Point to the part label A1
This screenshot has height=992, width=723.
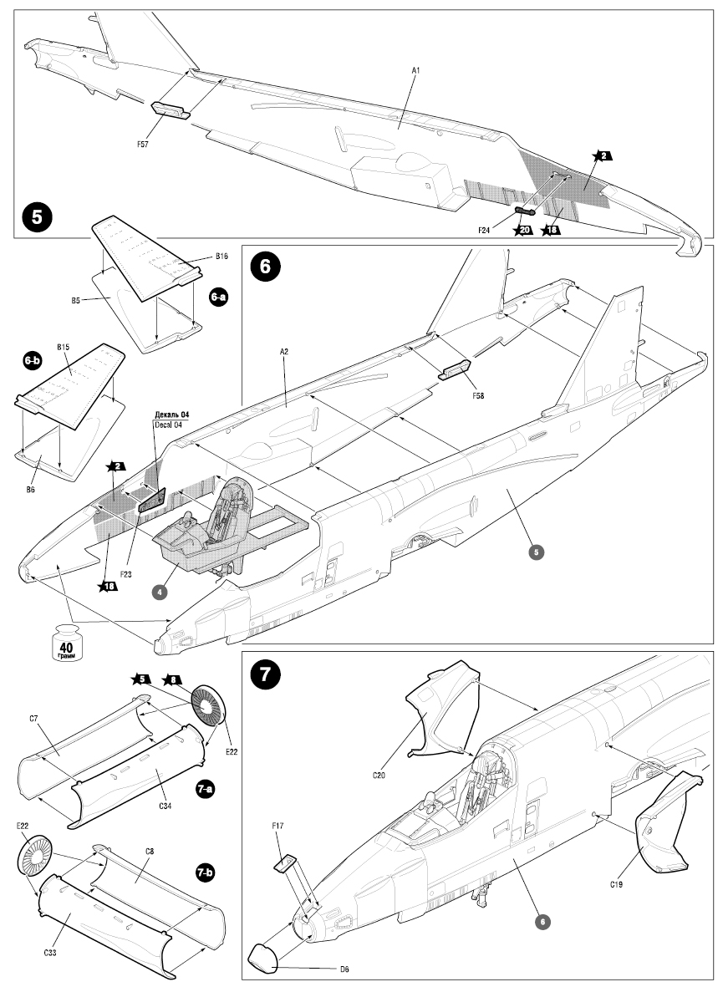pyautogui.click(x=415, y=71)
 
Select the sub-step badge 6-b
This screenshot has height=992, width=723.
pyautogui.click(x=33, y=360)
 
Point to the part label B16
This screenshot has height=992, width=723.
pyautogui.click(x=221, y=256)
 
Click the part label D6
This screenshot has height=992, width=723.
pyautogui.click(x=344, y=969)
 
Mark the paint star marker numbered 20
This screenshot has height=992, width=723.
pyautogui.click(x=523, y=231)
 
